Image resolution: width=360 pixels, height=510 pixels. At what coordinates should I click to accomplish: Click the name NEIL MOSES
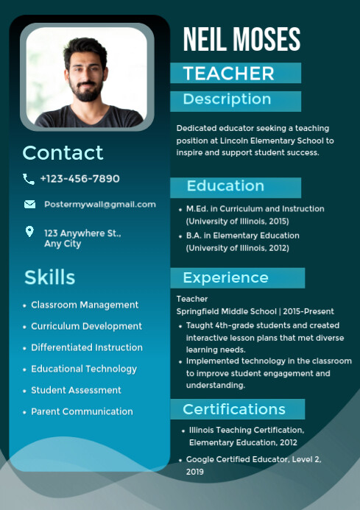(241, 40)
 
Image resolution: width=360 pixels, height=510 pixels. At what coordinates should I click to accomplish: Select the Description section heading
(227, 99)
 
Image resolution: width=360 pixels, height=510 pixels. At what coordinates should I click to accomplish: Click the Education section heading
(225, 186)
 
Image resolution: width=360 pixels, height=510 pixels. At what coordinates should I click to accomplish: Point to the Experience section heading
(225, 277)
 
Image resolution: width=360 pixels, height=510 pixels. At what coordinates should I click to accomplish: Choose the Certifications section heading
(234, 409)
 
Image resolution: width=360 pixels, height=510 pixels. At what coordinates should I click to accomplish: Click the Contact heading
(63, 153)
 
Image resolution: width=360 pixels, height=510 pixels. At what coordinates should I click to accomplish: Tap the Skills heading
(49, 277)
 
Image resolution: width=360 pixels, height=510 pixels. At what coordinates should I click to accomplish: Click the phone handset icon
(29, 179)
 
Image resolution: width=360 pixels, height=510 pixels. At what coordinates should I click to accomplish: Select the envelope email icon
(29, 204)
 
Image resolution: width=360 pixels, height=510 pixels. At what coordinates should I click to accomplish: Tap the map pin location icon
(29, 232)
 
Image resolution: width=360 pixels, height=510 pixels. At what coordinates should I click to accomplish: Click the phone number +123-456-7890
(80, 179)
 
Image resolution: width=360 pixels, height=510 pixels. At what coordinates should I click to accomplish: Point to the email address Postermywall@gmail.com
(99, 204)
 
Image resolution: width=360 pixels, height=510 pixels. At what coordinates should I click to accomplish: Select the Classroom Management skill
(85, 305)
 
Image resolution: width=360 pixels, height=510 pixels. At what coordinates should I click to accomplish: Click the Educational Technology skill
(84, 369)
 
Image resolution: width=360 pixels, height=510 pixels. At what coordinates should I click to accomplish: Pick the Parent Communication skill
(82, 411)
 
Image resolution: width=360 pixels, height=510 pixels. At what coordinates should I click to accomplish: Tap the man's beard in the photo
(87, 91)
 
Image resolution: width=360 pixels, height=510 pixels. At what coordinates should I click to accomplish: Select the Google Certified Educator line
(253, 459)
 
